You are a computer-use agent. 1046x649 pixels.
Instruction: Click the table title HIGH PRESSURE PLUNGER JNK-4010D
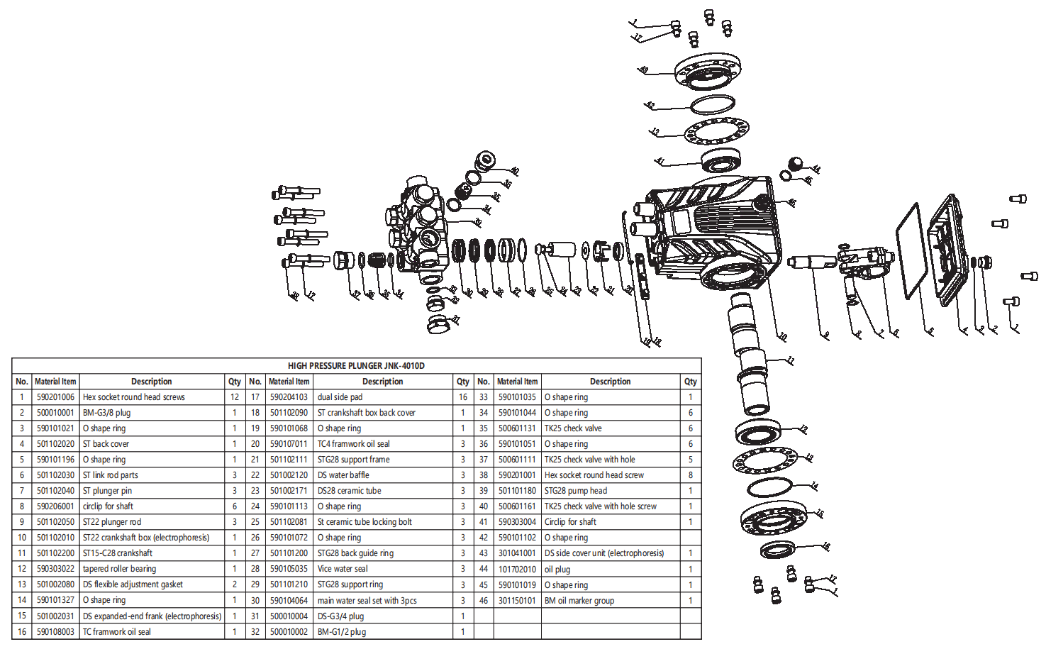[x=356, y=365]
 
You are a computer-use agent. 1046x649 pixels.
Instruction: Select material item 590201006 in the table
[x=55, y=397]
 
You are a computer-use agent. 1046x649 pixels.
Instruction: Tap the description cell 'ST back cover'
[x=106, y=444]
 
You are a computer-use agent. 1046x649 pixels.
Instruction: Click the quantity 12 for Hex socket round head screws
[x=234, y=397]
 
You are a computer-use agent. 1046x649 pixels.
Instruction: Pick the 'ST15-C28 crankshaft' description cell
[x=118, y=553]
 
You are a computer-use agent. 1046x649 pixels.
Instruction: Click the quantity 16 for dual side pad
[x=462, y=397]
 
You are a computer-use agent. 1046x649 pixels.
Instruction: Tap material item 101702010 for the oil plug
[x=517, y=569]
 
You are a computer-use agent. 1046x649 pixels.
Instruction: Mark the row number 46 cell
[x=483, y=601]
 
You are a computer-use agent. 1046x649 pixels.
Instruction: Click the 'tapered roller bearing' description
[x=119, y=569]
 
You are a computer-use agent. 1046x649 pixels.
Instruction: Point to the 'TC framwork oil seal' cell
[x=117, y=632]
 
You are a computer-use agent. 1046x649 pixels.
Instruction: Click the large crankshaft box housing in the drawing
[x=716, y=227]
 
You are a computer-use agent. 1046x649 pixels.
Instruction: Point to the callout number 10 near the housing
[x=783, y=337]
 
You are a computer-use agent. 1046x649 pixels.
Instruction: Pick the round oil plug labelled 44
[x=796, y=164]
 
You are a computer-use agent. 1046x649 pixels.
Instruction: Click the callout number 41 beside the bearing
[x=660, y=162]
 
